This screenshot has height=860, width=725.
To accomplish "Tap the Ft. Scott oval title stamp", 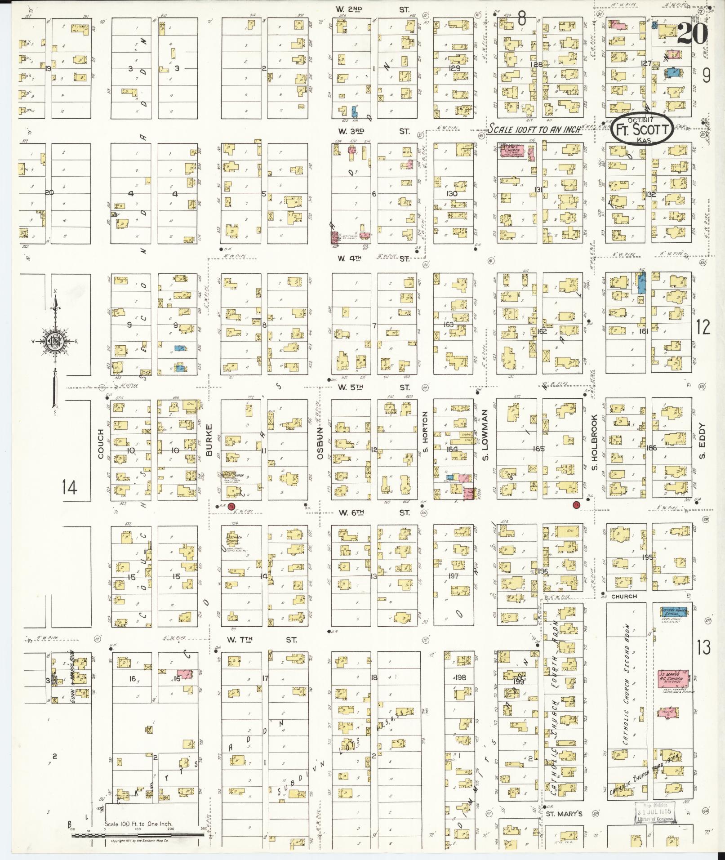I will point(642,129).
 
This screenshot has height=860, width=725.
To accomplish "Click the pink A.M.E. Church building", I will point(514,152).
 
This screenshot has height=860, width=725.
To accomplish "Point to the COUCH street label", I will point(100,444).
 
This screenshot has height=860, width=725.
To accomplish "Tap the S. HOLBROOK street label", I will point(594,442).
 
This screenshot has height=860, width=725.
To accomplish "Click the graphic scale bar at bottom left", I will point(137,835).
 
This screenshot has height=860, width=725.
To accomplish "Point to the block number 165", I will point(538,449).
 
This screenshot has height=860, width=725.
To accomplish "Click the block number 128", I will point(536,64).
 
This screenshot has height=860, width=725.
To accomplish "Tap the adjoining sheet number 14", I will point(70,487).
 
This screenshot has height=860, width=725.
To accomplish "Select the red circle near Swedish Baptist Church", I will point(231,507).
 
